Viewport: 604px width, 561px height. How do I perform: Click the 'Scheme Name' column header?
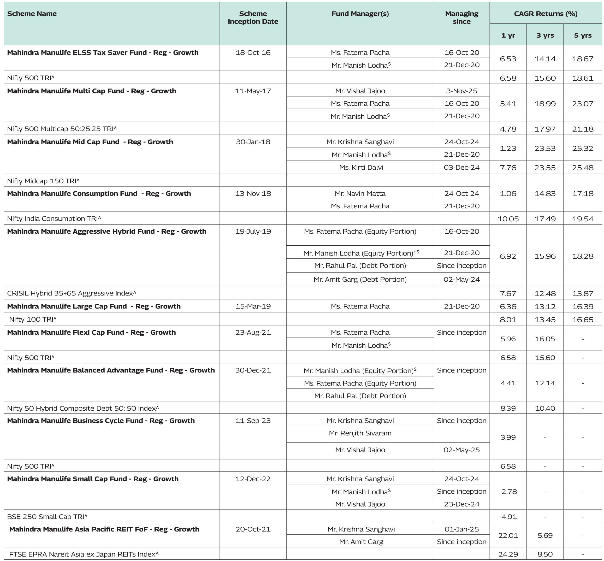32,14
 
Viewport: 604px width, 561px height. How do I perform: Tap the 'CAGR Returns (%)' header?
546,14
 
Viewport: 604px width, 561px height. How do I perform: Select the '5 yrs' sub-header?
582,35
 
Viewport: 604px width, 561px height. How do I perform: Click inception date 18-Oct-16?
253,52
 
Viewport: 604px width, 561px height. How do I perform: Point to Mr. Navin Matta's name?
360,193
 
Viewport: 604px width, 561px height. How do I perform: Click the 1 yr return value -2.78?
508,492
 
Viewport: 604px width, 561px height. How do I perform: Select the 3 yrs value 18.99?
545,104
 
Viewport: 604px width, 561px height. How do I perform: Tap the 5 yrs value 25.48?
582,168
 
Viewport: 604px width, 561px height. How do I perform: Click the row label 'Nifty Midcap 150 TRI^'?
43,181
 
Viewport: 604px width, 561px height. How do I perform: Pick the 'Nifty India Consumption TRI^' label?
54,219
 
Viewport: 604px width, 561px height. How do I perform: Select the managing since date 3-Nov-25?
461,91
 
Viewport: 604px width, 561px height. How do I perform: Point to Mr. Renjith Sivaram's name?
360,433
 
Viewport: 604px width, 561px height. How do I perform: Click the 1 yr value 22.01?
508,535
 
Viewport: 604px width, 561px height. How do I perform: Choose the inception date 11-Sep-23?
253,421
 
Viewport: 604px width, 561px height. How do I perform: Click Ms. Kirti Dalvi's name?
361,168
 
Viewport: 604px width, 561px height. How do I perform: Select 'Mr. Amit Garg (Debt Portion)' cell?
360,279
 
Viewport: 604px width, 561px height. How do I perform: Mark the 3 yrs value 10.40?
545,408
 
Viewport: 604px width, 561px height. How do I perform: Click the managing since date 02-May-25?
461,450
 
